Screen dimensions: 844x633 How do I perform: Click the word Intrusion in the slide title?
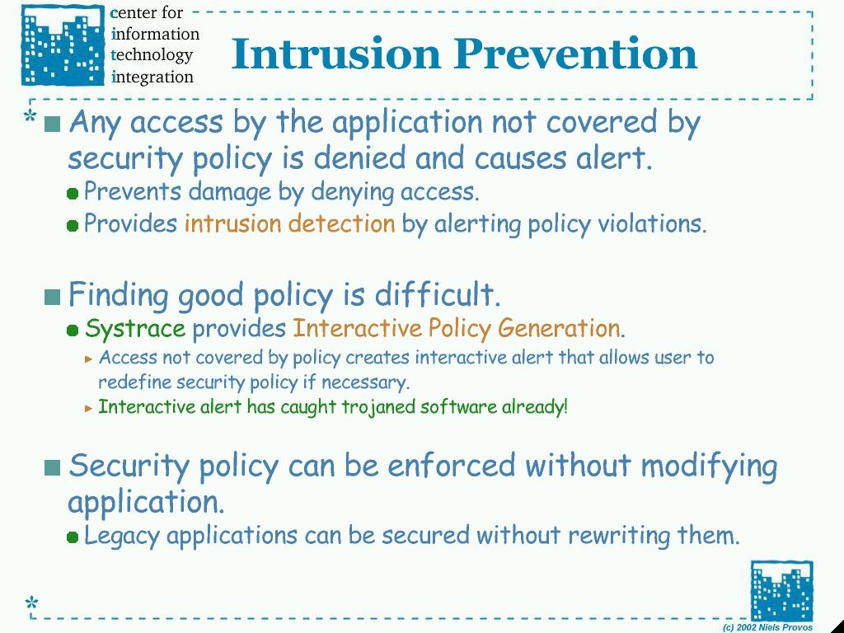pos(336,54)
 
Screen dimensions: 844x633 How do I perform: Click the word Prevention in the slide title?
pos(575,54)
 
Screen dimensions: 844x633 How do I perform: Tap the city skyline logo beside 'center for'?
pos(63,45)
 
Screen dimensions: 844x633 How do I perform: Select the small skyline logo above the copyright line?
pos(782,591)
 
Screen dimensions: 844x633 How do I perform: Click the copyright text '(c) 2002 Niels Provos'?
pos(767,627)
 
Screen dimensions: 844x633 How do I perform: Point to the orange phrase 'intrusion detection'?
pos(289,223)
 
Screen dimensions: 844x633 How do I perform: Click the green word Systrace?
pos(135,328)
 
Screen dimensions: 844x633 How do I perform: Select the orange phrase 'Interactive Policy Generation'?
pos(457,328)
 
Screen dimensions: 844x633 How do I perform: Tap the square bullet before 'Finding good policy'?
pos(52,297)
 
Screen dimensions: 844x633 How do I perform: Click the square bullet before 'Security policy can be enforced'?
pos(52,467)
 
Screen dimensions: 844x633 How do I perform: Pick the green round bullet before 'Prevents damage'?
pos(73,194)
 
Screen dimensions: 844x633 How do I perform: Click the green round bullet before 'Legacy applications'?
pos(73,537)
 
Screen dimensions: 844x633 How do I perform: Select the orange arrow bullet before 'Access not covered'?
pos(89,359)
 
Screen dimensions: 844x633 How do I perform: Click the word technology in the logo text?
pos(152,55)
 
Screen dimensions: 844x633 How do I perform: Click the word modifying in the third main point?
pos(709,467)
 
